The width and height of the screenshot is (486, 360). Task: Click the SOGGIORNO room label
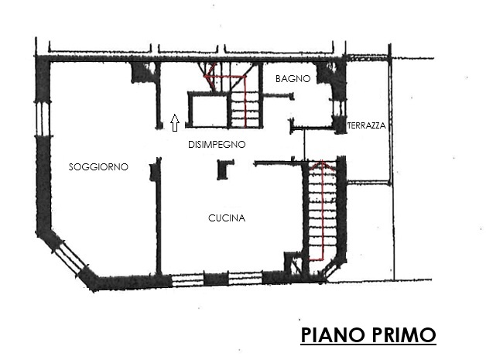pos(98,167)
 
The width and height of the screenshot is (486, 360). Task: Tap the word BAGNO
pos(293,79)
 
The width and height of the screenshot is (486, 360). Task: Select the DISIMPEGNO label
pos(217,145)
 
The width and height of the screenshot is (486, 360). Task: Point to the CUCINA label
pos(227,218)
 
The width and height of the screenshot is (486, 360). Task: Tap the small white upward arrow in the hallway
pos(175,122)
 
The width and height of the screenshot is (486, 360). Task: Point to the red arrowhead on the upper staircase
pos(207,76)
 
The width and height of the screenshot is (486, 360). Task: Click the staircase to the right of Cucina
pos(320,213)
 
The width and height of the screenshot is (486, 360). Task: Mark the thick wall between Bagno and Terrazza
pos(337,93)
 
